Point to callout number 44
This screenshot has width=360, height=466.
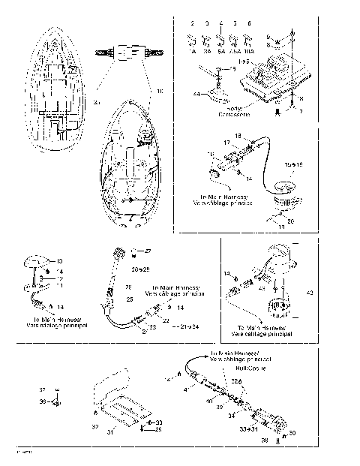click(197, 94)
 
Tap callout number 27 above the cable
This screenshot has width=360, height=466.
click(148, 251)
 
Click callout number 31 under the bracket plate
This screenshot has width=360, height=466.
click(111, 432)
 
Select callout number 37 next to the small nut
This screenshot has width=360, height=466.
click(42, 390)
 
